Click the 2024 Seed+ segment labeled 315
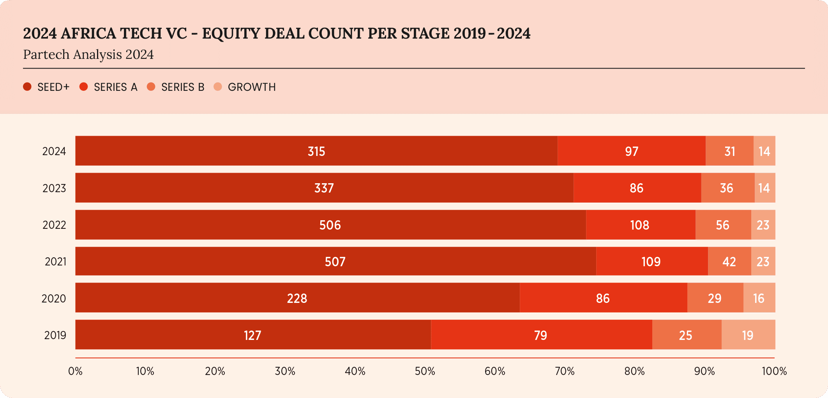(x=316, y=151)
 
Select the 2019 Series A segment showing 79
(x=541, y=335)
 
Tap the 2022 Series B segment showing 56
(x=723, y=225)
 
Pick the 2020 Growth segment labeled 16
(x=759, y=298)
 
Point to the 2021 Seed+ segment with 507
(x=335, y=261)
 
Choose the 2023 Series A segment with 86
(x=637, y=188)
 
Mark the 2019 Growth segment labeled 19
(x=748, y=335)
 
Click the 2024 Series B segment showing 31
(x=729, y=151)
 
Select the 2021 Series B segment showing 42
(x=729, y=261)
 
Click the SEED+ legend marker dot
(x=27, y=87)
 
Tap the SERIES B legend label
(x=183, y=87)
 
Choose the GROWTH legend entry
(x=252, y=87)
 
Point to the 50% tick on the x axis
(x=425, y=371)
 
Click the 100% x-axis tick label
(x=774, y=371)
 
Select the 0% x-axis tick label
(x=75, y=371)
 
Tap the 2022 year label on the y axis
(x=54, y=225)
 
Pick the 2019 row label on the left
(x=55, y=335)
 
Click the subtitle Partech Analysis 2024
(x=88, y=55)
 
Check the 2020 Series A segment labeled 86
(x=603, y=298)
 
